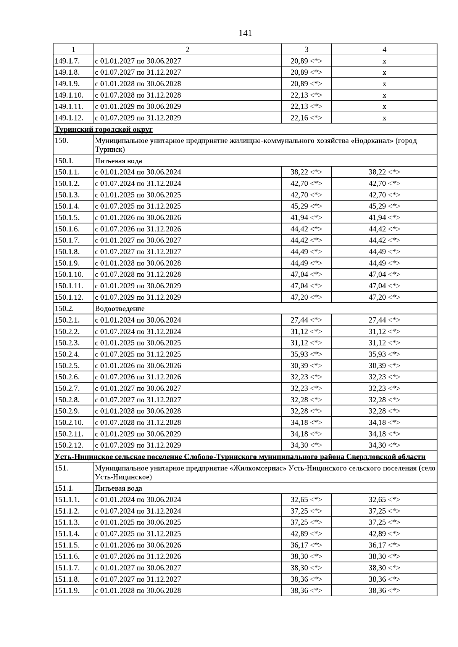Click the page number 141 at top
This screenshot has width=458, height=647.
(x=245, y=34)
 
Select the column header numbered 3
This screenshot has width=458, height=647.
(x=306, y=50)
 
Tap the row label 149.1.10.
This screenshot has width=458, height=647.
(x=69, y=95)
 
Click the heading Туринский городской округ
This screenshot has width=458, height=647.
(x=104, y=129)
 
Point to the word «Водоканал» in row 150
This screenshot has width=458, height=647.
(x=372, y=141)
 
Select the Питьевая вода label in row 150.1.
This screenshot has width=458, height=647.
(x=118, y=161)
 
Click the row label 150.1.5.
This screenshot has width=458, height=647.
(x=67, y=218)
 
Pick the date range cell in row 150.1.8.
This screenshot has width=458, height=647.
(x=138, y=252)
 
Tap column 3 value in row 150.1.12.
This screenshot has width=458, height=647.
(x=306, y=297)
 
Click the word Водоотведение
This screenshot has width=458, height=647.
(x=120, y=308)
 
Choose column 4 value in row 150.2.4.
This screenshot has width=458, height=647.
(x=384, y=354)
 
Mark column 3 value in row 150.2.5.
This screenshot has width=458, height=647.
(x=306, y=366)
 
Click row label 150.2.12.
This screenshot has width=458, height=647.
(x=69, y=445)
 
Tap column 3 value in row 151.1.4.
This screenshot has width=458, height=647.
(x=306, y=534)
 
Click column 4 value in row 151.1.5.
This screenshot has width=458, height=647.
(x=384, y=545)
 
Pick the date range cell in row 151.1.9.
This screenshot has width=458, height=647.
(x=138, y=591)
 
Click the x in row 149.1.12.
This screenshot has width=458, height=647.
(x=384, y=118)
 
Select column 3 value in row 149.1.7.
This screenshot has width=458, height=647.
(x=306, y=61)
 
